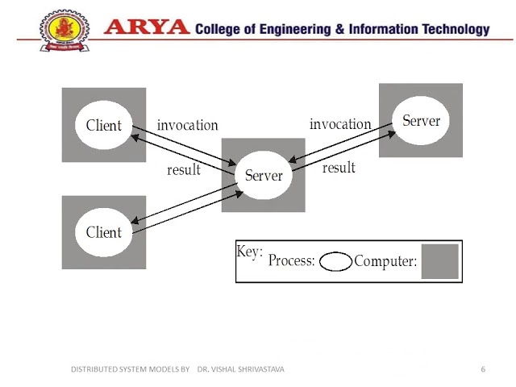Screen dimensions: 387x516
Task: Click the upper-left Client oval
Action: point(104,125)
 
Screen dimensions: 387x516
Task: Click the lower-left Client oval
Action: point(104,232)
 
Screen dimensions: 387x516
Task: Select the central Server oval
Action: point(264,175)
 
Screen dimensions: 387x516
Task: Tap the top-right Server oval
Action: point(421,121)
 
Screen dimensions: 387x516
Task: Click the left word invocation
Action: point(187,125)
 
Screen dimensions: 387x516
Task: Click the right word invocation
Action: point(340,124)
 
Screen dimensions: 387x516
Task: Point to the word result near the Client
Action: point(184,170)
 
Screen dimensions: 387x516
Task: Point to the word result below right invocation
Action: point(339,168)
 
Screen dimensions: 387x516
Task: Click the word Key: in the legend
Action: point(250,252)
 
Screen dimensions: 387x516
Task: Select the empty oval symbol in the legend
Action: point(335,262)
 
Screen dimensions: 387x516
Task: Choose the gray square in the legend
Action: point(439,261)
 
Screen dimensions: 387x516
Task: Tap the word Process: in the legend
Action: point(292,261)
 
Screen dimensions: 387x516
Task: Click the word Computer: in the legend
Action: point(386,261)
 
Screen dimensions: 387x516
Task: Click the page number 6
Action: point(483,369)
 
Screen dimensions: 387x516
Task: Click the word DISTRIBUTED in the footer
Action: point(94,369)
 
